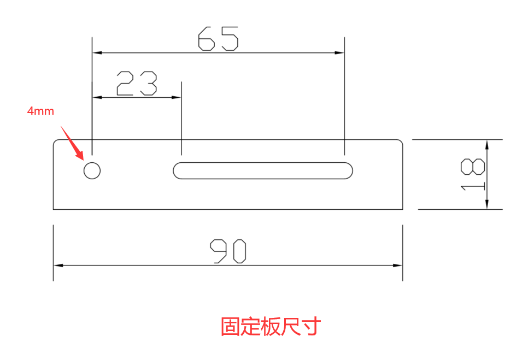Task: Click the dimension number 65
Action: click(218, 39)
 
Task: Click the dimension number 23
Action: click(137, 84)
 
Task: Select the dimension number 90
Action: click(228, 251)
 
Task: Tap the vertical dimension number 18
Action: click(473, 174)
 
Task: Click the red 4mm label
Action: click(41, 111)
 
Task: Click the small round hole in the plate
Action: click(92, 170)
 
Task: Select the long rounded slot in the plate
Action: click(263, 170)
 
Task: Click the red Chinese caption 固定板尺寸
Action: click(271, 327)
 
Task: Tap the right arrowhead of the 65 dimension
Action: click(340, 53)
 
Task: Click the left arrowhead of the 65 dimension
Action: click(97, 53)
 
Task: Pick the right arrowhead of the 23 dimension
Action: click(177, 97)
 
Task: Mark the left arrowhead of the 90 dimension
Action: click(57, 265)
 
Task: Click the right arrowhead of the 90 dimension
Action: click(398, 265)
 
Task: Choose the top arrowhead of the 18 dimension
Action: click(486, 144)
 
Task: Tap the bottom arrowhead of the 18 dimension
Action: click(486, 205)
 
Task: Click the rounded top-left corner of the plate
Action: click(55, 142)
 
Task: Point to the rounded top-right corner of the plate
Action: click(401, 142)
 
